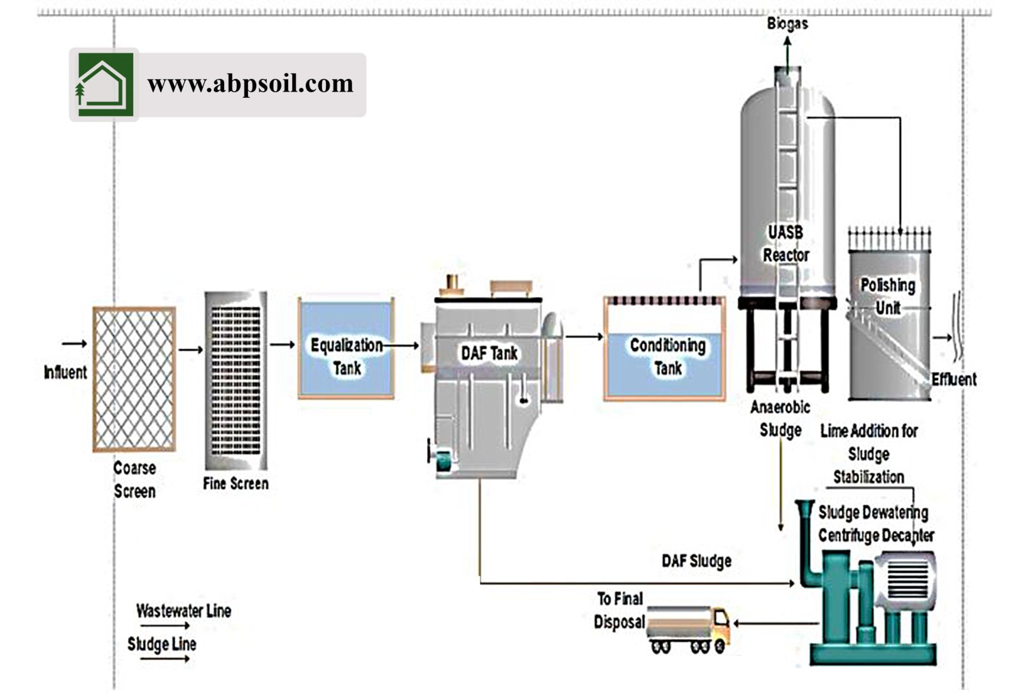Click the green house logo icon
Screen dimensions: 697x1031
104,85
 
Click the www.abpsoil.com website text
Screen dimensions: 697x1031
250,84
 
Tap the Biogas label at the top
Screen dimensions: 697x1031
787,24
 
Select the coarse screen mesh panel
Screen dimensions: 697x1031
134,379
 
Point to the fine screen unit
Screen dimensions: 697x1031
235,380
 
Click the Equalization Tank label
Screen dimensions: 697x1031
346,356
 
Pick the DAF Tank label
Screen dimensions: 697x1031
489,354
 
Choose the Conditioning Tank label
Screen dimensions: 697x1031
668,356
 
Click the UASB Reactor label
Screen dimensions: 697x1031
786,244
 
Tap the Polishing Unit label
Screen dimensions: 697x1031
888,296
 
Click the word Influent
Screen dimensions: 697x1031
65,372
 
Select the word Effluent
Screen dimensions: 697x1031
953,380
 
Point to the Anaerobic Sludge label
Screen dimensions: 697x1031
780,418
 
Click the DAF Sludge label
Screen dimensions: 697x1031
696,561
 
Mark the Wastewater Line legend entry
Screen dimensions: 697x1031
183,611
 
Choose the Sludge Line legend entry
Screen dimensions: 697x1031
162,644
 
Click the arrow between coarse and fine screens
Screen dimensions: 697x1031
190,350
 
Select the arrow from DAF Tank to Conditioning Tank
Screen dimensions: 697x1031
584,336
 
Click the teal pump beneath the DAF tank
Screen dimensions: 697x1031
442,460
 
